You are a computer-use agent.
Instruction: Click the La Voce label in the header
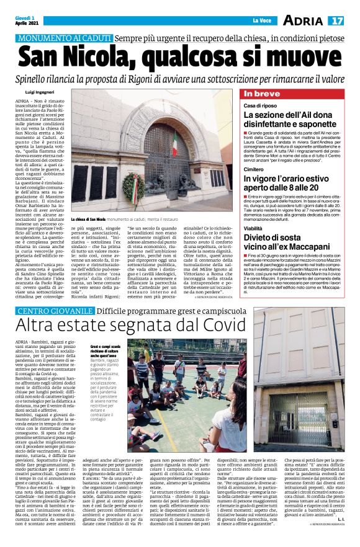tap(261, 22)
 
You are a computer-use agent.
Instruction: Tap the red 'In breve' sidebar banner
tap(261, 94)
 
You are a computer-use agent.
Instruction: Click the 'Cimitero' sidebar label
tap(253, 169)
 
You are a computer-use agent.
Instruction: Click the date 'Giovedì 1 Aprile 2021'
tap(26, 21)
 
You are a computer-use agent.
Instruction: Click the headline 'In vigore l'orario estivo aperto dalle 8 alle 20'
tap(289, 184)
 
